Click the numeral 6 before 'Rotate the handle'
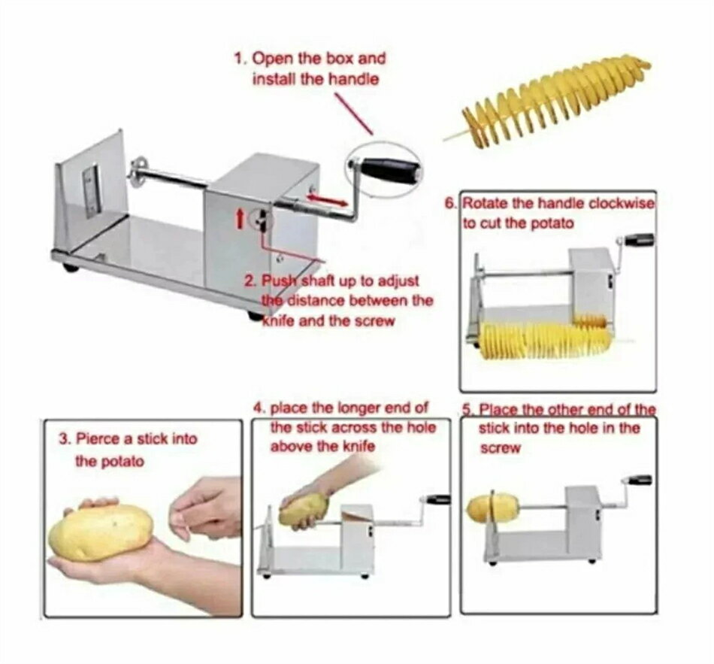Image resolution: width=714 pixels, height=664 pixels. (x=450, y=203)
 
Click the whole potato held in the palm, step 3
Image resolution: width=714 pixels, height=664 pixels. (x=100, y=532)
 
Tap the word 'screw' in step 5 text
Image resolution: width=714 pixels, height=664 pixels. (x=500, y=448)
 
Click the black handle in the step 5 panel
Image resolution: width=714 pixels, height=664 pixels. (x=640, y=480)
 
